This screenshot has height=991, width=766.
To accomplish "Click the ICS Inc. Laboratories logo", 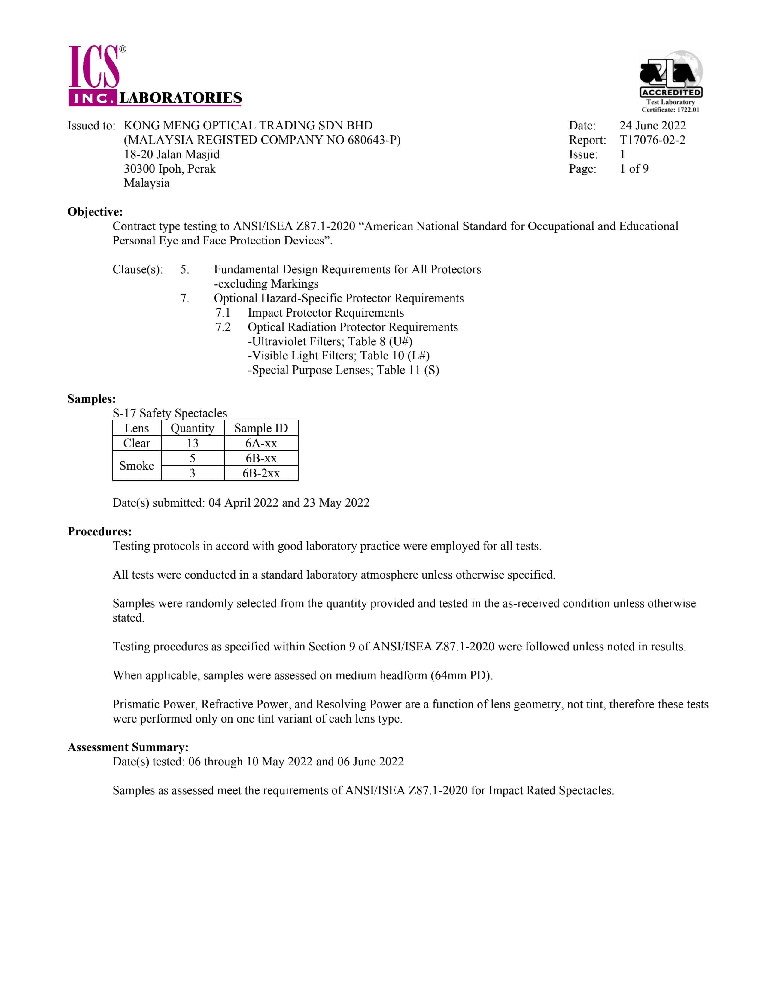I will (154, 76).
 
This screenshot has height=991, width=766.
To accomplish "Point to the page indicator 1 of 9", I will (634, 169).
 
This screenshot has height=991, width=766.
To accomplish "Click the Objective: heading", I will (95, 212).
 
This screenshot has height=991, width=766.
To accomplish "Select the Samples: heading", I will (91, 399).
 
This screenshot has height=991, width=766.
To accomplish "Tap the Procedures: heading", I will (99, 531).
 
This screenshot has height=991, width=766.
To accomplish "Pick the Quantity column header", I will (193, 428).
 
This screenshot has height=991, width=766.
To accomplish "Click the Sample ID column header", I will (261, 428).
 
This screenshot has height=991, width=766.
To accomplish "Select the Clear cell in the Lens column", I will (137, 443).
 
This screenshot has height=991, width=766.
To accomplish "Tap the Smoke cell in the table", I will (137, 465).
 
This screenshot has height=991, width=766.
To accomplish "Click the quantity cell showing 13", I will (193, 443).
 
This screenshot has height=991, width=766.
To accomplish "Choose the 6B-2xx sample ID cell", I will (261, 473).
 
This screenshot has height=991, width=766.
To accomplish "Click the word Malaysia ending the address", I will (147, 183).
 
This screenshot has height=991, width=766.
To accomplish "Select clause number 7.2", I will (223, 327).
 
